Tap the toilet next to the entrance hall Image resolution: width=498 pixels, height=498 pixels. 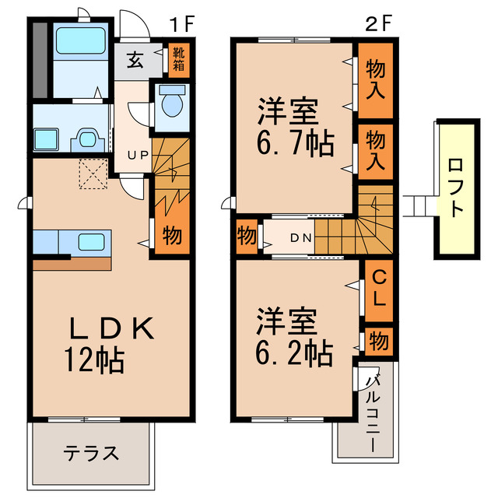pos(170,102)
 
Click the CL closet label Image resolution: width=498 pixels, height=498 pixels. pos(380,288)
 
